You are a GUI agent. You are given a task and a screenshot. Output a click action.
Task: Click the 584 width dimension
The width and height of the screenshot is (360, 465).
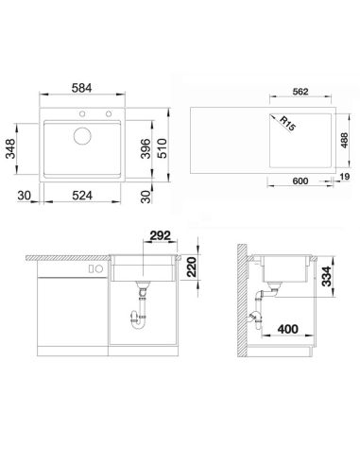[x=82, y=88]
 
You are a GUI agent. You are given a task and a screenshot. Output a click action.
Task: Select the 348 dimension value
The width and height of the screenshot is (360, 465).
[x=11, y=148]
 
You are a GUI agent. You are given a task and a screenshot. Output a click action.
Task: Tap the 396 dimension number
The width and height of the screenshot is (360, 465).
[x=146, y=148]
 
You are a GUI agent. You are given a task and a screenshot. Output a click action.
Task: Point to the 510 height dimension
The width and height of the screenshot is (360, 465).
[x=162, y=148]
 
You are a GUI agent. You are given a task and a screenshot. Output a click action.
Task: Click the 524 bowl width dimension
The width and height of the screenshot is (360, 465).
[x=82, y=196]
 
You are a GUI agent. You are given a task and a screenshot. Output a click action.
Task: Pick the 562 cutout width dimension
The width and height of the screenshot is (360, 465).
[x=300, y=92]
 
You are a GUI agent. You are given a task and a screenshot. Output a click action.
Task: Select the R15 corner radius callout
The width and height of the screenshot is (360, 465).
[x=287, y=124]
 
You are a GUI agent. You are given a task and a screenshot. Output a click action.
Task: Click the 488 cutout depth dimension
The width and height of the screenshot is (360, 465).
[x=344, y=140]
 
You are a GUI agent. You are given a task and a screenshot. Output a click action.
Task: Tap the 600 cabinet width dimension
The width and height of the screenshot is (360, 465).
[x=300, y=181]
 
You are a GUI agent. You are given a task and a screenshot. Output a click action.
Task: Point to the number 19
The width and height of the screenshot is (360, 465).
[x=345, y=177]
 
